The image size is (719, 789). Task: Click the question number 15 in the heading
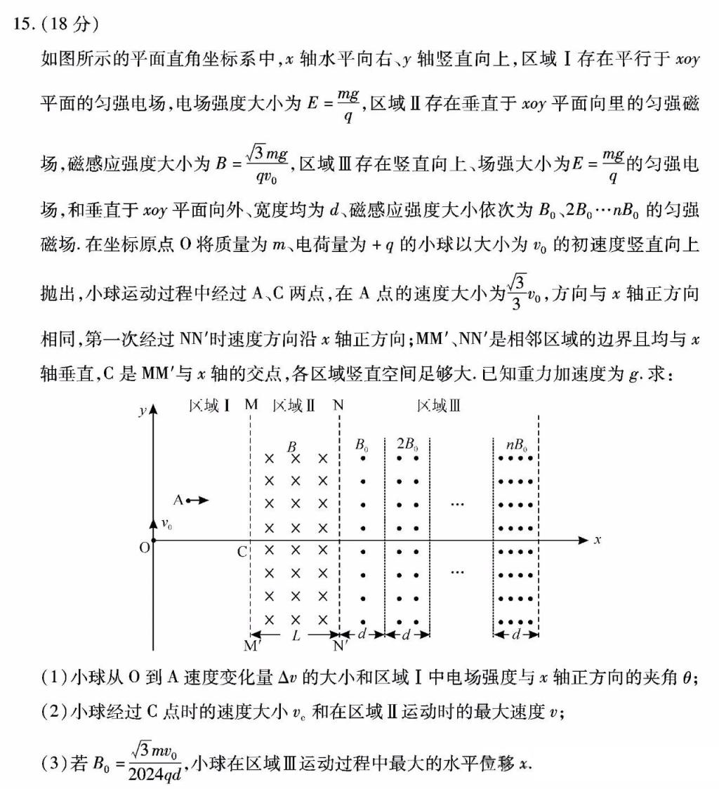[x=22, y=24]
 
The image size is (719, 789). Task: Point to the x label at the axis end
[x=598, y=540]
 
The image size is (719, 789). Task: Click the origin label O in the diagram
[x=144, y=548]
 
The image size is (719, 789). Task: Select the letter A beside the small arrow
[x=178, y=500]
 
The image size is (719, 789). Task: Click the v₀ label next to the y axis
[x=167, y=524]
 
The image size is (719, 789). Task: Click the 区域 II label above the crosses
[x=293, y=406]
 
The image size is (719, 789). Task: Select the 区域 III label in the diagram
[x=439, y=406]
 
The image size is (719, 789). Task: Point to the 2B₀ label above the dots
[x=407, y=444]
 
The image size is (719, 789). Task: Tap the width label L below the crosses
[x=295, y=635]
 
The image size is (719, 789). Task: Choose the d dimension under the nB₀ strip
[x=516, y=635]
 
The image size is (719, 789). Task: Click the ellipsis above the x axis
[x=458, y=504]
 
